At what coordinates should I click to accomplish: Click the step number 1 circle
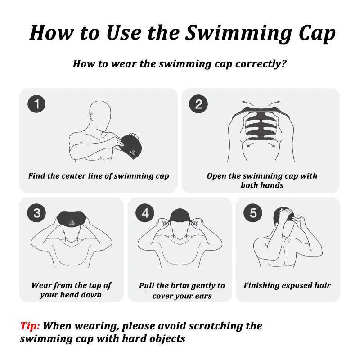pos(36,104)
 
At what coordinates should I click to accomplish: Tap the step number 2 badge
pos(198,104)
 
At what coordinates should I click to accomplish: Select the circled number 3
pos(36,213)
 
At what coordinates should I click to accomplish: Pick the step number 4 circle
pos(145,213)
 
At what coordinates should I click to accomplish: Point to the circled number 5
pos(253,213)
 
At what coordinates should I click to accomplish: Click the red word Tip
pos(30,326)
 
